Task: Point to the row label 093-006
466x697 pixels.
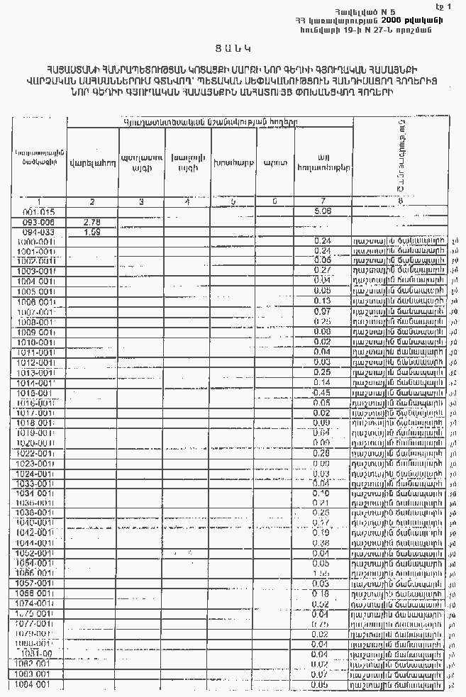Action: (x=38, y=222)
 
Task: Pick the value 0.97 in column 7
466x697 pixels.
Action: (x=322, y=311)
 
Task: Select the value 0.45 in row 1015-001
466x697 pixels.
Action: (x=322, y=392)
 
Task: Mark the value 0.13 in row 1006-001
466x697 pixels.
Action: (x=322, y=301)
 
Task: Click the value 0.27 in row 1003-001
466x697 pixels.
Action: (x=322, y=271)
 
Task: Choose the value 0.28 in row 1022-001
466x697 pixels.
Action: (x=322, y=452)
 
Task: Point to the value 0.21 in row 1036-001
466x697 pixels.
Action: (x=322, y=503)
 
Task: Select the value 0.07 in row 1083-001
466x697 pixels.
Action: (x=322, y=674)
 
